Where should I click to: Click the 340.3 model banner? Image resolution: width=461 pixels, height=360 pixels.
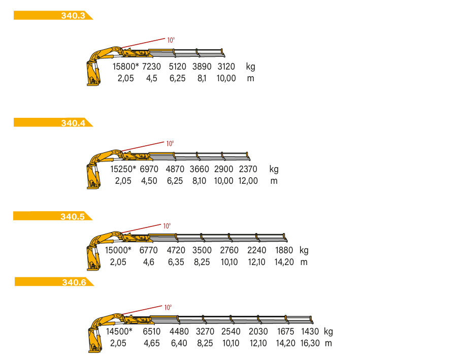(x=53, y=15)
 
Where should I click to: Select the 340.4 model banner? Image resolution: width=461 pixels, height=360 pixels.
(x=53, y=122)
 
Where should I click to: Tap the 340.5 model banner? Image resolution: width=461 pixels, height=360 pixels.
(x=53, y=216)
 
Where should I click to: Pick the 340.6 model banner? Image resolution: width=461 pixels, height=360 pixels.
(x=54, y=281)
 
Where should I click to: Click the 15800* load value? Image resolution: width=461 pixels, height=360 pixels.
(x=125, y=67)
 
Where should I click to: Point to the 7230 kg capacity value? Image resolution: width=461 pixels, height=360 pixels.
(x=151, y=67)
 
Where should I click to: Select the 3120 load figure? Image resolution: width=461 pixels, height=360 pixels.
(x=226, y=67)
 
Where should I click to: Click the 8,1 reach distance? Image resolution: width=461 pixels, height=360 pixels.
(x=202, y=78)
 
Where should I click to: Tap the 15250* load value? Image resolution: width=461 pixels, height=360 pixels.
(x=123, y=169)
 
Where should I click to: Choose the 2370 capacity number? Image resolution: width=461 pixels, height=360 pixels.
(x=248, y=169)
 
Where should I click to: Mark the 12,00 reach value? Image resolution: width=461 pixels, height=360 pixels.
(x=248, y=181)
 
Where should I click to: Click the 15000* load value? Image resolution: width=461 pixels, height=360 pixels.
(x=118, y=250)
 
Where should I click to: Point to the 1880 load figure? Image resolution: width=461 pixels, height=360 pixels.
(x=284, y=250)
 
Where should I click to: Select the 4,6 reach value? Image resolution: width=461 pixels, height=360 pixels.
(x=148, y=262)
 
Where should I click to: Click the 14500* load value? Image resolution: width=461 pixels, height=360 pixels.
(x=119, y=332)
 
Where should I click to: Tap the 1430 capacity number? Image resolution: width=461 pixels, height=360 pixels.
(x=310, y=332)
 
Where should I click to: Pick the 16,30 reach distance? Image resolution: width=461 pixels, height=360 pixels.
(x=310, y=343)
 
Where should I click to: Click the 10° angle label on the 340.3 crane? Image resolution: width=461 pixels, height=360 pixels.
(x=171, y=40)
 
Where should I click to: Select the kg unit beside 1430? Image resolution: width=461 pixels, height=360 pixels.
(x=328, y=332)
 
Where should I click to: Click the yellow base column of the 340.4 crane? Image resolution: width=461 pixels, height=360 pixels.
(x=93, y=177)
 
